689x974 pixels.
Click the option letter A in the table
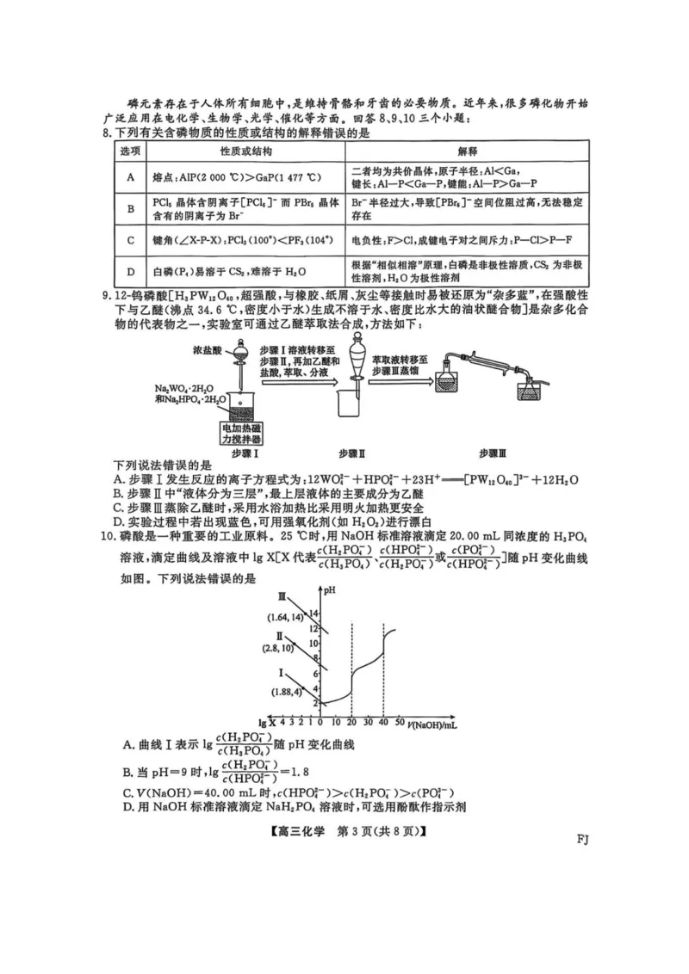coord(131,177)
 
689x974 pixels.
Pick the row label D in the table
coord(131,273)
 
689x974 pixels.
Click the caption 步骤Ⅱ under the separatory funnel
coord(352,453)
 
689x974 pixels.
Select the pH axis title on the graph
coord(329,590)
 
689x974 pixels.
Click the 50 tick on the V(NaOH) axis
coord(400,722)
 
